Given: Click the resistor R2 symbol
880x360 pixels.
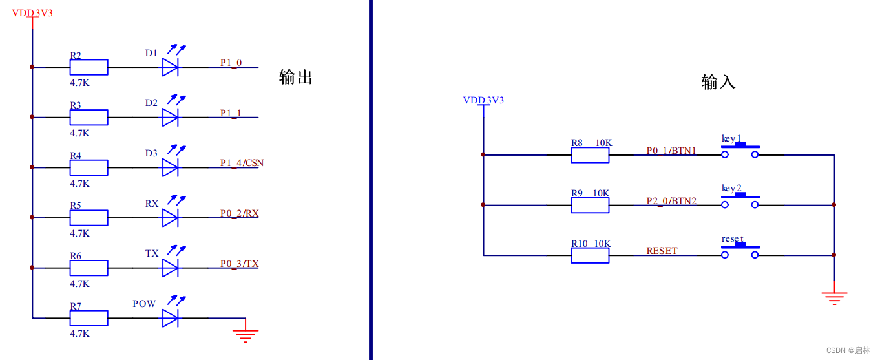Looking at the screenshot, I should click(x=89, y=67).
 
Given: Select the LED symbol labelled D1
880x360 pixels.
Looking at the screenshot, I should click(x=171, y=67).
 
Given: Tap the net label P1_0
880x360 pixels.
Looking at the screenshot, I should click(x=231, y=63).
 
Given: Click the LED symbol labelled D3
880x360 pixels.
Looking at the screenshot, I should click(x=171, y=167).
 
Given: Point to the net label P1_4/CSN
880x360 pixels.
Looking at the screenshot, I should click(x=242, y=163).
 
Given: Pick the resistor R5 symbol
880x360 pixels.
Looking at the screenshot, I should click(x=89, y=217).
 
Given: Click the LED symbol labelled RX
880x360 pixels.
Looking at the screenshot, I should click(x=171, y=217).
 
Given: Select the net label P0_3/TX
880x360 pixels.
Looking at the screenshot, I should click(x=239, y=264).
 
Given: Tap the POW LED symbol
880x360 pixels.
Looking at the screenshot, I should click(x=171, y=317).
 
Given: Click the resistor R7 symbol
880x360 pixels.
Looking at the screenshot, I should click(x=89, y=317).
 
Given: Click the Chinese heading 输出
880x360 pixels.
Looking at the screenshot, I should click(x=296, y=78).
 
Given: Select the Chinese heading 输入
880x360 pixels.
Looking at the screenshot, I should click(x=718, y=82).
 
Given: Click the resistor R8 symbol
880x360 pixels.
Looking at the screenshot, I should click(x=590, y=155).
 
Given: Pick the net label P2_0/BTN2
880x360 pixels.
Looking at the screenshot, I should click(x=671, y=201).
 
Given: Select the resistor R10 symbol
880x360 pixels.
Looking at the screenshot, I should click(x=590, y=255).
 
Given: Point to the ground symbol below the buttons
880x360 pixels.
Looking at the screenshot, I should click(x=834, y=297).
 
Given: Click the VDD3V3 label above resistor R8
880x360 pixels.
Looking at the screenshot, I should click(x=483, y=100).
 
